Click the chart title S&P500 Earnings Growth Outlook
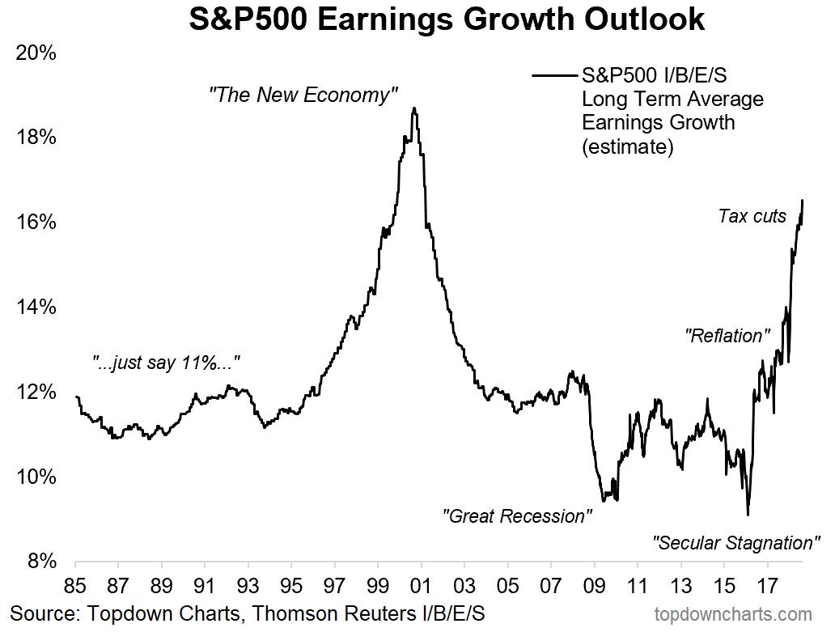pos(446,19)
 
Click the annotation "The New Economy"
pos(303,95)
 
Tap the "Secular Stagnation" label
pos(736,542)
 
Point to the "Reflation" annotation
pos(727,334)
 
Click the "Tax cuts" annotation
pos(752,216)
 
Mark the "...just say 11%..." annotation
pos(166,363)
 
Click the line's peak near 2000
pos(414,108)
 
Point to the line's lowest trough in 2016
pos(748,515)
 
